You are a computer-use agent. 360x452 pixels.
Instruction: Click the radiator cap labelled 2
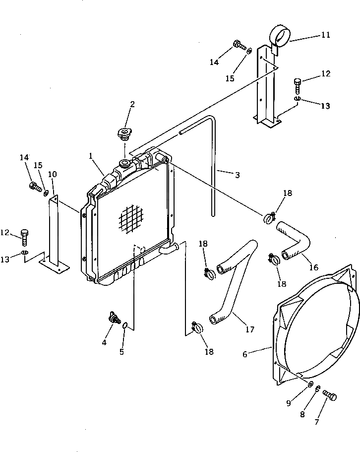123,133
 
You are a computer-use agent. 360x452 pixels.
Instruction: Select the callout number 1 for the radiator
91,156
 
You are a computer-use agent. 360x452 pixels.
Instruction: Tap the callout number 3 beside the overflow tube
237,175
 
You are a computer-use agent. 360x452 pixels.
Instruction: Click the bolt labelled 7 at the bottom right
330,396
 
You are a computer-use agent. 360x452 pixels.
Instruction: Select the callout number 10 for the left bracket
53,174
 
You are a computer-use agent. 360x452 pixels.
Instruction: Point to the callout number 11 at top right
325,35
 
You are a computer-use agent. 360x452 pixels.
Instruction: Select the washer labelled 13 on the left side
24,254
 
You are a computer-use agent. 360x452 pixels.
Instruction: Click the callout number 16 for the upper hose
313,267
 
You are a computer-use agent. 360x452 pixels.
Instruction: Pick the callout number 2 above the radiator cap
132,104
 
